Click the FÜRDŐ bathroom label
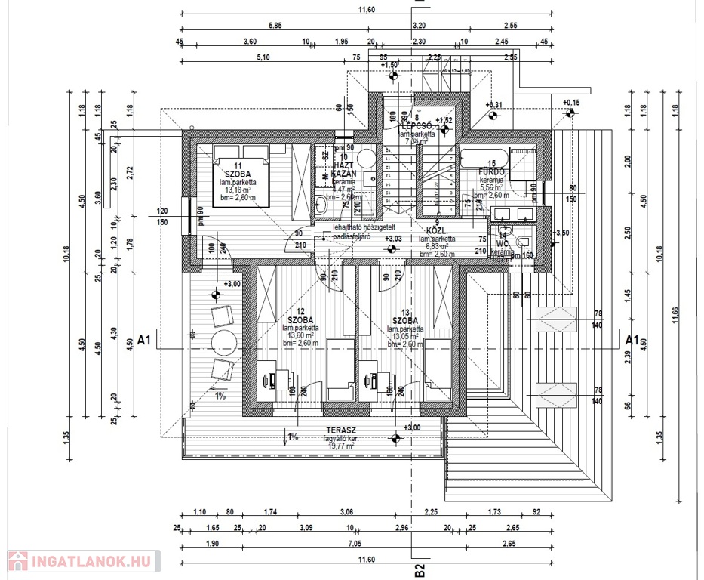(491, 172)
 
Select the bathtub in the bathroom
(484, 159)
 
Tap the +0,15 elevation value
(571, 102)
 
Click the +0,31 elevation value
(493, 104)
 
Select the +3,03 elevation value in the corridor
(393, 239)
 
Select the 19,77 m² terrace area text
(339, 446)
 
